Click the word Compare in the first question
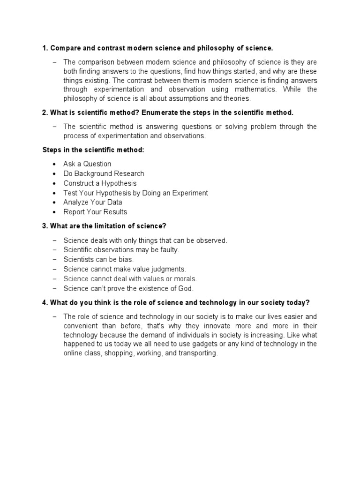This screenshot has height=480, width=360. coord(64,48)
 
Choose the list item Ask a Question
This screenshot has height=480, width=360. coord(87,164)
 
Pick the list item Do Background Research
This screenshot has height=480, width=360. coord(104,173)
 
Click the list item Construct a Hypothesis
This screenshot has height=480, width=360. coord(100,183)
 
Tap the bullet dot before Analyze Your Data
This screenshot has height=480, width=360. coord(54,202)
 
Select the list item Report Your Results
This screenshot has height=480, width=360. coord(95,212)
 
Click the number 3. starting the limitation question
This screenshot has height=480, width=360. coord(45,226)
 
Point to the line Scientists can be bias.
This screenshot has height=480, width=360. coord(98,259)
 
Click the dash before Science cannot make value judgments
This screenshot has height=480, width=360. coord(54,269)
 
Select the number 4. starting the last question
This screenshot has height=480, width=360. coord(45,302)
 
